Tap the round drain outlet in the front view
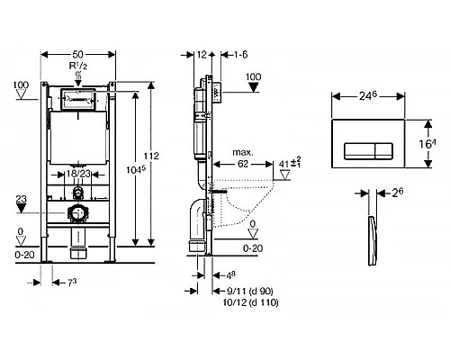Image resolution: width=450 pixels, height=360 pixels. click(x=79, y=213)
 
